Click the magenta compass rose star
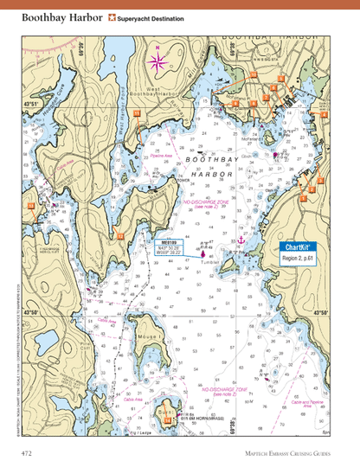point(158,61)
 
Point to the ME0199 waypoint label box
point(171,247)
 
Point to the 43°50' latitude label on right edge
point(320,313)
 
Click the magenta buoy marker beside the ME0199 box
point(202,253)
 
